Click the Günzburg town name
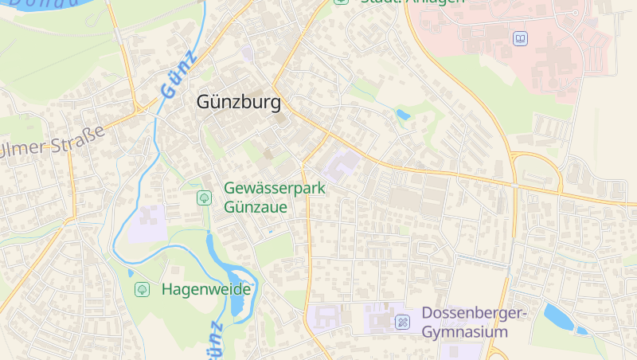point(238,103)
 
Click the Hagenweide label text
point(205,289)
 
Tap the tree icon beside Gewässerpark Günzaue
point(204,197)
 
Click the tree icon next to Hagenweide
point(142,289)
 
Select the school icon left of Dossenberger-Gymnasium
point(403,323)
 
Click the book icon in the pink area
point(520,38)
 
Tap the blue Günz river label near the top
point(178,74)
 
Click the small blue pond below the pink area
point(403,115)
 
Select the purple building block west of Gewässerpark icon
point(148,224)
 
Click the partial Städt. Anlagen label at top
point(402,2)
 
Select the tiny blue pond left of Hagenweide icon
point(131,272)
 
